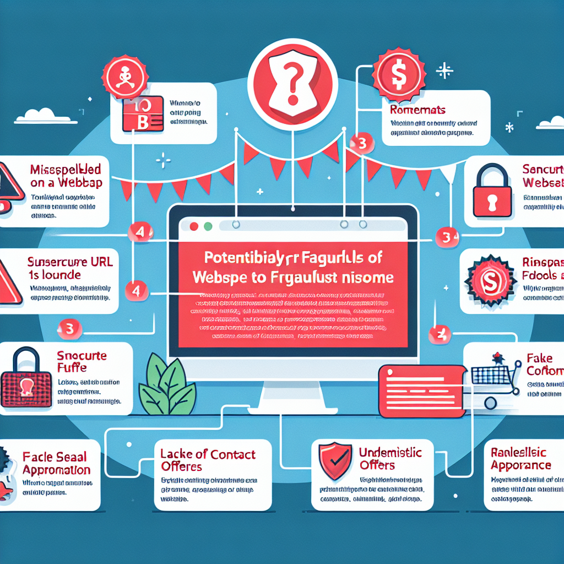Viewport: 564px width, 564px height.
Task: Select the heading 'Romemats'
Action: click(414, 110)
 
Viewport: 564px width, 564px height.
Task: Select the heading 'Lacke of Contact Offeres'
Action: click(208, 460)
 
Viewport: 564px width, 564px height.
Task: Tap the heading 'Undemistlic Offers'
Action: click(390, 459)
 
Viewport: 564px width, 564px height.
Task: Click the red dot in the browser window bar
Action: click(193, 226)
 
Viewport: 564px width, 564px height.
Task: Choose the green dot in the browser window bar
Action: click(208, 226)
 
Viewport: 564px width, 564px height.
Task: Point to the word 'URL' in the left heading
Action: click(101, 262)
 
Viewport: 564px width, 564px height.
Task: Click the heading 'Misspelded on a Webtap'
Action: click(66, 176)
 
